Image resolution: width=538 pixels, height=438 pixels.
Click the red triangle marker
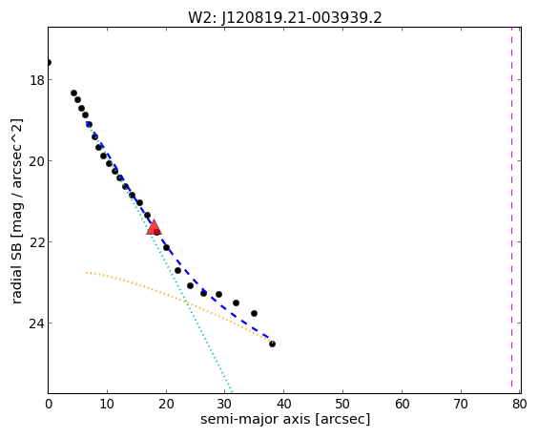(154, 227)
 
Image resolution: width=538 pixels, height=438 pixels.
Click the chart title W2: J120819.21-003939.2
(285, 17)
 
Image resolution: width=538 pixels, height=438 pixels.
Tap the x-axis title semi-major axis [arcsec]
(285, 419)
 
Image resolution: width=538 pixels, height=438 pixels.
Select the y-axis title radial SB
(16, 267)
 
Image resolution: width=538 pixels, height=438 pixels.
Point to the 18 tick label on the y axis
(36, 80)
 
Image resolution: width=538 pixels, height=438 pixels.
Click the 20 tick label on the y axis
(36, 161)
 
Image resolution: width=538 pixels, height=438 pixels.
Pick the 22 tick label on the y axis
(36, 242)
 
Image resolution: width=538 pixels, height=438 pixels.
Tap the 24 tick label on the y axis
(36, 323)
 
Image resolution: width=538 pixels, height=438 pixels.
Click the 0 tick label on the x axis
(49, 404)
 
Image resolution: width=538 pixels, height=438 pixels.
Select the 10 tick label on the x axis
(107, 404)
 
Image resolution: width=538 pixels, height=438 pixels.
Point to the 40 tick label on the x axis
(283, 404)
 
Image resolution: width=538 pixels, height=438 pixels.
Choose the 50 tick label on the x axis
(342, 404)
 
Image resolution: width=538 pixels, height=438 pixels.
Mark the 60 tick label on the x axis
(402, 404)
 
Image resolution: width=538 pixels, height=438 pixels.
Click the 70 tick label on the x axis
(461, 404)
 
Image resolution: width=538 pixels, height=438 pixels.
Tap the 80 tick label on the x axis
(520, 404)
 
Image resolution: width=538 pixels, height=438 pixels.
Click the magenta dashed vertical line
(511, 210)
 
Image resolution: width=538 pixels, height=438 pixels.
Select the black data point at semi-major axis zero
(49, 62)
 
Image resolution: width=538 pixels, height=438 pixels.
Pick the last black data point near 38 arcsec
(272, 344)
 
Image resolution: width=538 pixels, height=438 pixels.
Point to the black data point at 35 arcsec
(254, 313)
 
